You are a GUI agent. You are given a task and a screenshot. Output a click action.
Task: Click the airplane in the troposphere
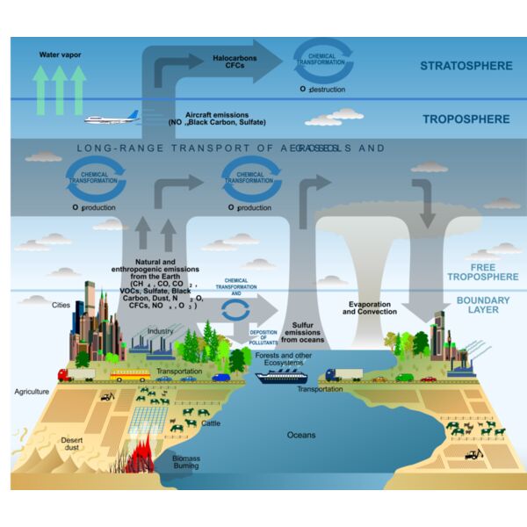(112, 119)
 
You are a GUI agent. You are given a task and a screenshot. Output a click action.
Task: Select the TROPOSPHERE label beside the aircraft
(466, 119)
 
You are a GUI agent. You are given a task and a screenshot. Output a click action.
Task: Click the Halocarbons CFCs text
(235, 62)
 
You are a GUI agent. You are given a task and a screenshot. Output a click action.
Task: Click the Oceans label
(300, 434)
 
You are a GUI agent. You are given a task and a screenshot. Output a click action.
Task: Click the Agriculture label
(31, 391)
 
